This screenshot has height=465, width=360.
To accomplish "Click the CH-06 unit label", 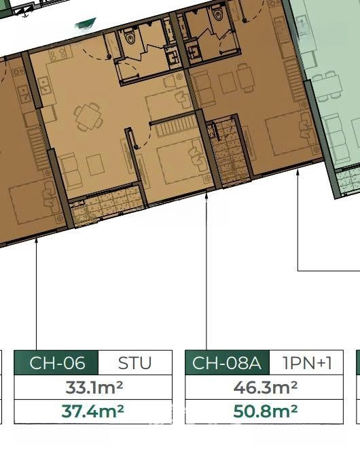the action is click(x=57, y=363).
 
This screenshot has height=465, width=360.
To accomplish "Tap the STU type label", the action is click(x=134, y=363).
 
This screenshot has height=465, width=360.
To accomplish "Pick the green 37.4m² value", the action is click(x=93, y=411).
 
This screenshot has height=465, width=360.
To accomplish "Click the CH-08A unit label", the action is click(x=227, y=363).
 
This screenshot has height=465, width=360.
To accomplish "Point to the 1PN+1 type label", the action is click(x=307, y=363).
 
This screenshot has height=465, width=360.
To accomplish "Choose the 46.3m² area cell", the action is click(x=265, y=387).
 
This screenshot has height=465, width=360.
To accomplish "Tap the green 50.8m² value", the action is click(x=265, y=411).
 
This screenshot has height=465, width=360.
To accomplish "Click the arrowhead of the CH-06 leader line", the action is click(x=37, y=240).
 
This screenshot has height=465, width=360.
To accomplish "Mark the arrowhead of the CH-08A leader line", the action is click(x=206, y=194).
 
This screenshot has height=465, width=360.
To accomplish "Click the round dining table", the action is click(x=87, y=116).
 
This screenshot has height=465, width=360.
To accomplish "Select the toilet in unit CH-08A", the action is click(x=130, y=37).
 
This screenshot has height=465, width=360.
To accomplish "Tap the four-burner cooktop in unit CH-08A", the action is click(x=58, y=54).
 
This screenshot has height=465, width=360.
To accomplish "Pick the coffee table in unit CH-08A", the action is click(x=95, y=165).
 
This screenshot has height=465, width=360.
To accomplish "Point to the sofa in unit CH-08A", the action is click(x=71, y=171).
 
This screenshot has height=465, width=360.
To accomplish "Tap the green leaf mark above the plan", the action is click(x=86, y=24).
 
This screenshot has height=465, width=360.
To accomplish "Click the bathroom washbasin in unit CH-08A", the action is click(x=172, y=56).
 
